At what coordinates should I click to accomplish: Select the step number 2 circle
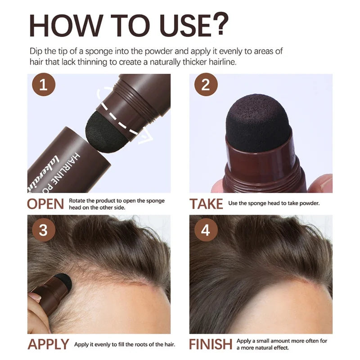tap(206, 85)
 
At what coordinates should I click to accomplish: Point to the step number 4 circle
tap(206, 230)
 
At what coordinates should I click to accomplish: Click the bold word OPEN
tap(46, 203)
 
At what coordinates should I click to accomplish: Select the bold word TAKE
tap(206, 203)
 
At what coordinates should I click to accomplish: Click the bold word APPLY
tap(48, 345)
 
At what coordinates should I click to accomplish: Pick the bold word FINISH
tap(211, 345)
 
